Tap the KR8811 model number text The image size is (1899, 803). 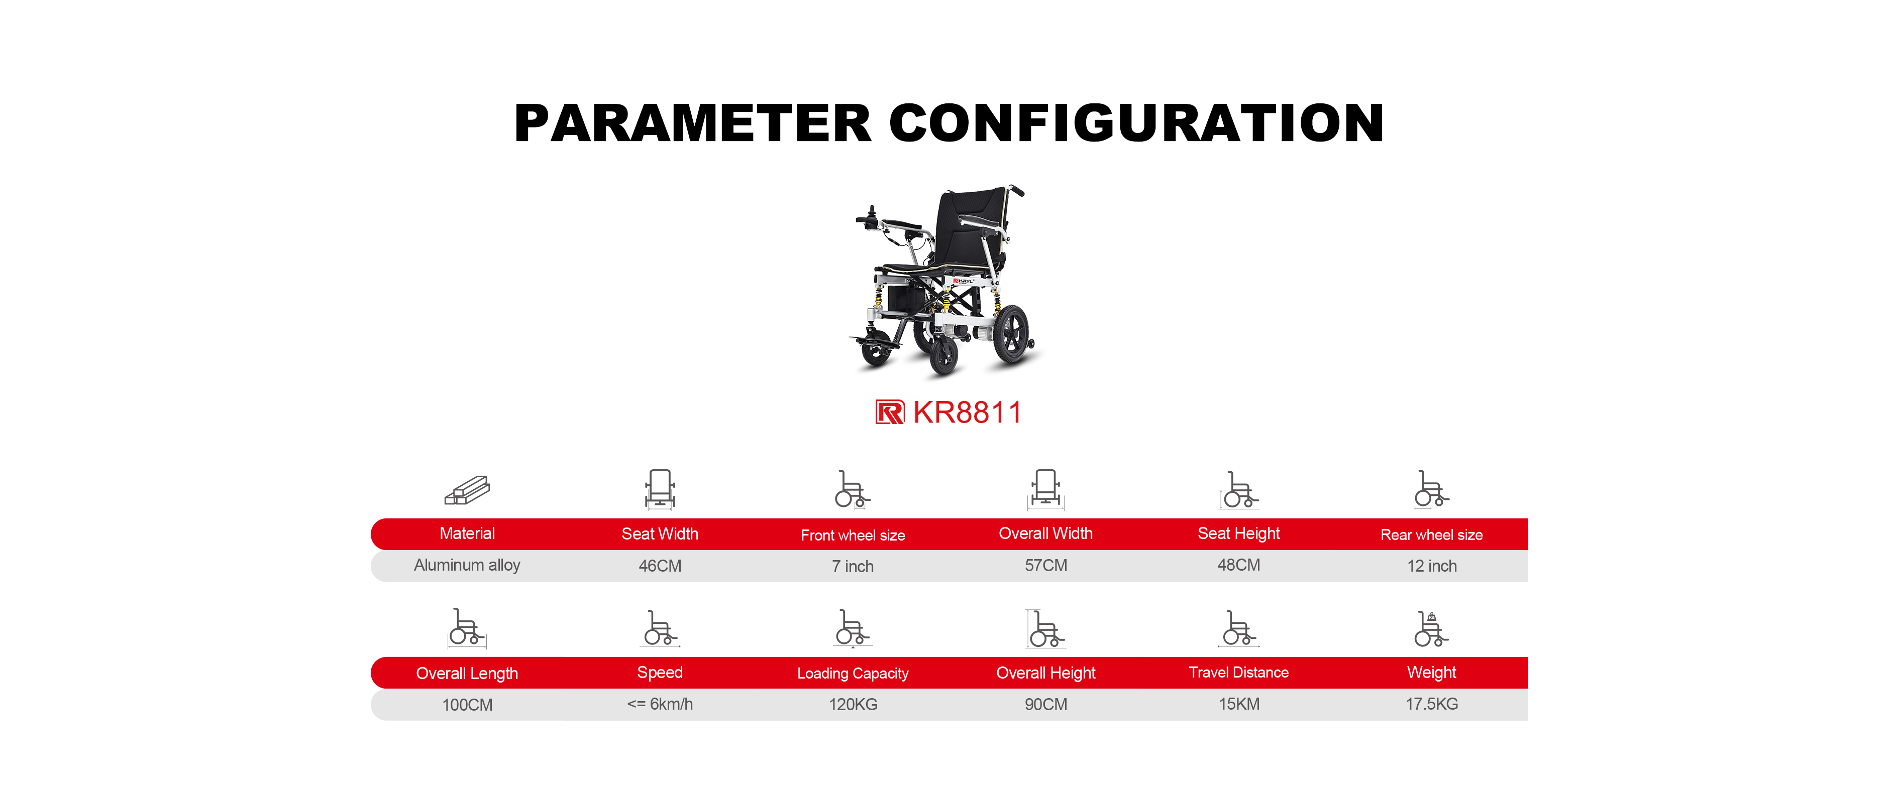[x=967, y=413]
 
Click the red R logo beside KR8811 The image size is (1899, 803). [x=890, y=413]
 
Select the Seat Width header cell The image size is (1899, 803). [x=660, y=534]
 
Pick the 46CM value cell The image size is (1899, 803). [x=660, y=566]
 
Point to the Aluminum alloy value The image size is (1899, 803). [x=467, y=565]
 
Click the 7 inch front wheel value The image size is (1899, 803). [x=853, y=567]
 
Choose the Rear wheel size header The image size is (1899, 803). [x=1432, y=535]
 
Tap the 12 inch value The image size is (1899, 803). [x=1432, y=566]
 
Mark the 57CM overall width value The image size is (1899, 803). [x=1045, y=566]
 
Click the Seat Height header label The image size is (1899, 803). [x=1238, y=534]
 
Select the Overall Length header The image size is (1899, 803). [x=467, y=674]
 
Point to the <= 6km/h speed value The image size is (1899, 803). [x=660, y=704]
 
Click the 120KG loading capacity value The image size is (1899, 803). [x=853, y=704]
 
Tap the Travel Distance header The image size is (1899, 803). [x=1238, y=673]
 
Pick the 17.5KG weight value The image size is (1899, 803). [x=1432, y=704]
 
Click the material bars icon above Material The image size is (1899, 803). [x=467, y=490]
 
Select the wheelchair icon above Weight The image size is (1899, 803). [x=1432, y=628]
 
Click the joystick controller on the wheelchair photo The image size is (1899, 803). [x=871, y=217]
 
